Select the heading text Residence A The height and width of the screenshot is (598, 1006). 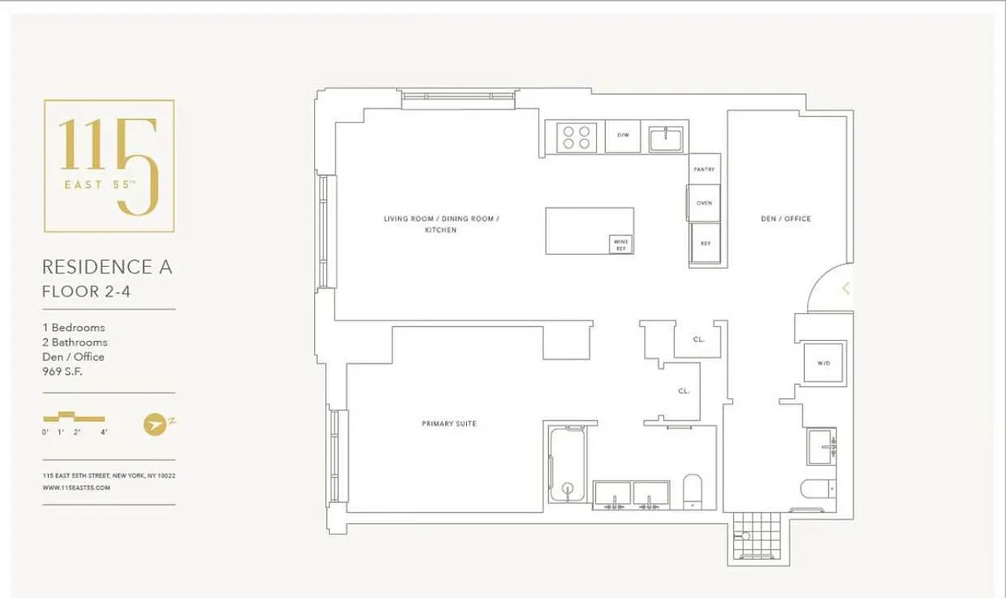tap(107, 267)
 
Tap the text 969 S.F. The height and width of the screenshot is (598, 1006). tap(62, 372)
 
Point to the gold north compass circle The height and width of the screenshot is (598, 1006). tap(153, 424)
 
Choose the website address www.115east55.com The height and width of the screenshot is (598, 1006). tap(76, 487)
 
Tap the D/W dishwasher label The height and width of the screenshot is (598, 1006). tap(622, 135)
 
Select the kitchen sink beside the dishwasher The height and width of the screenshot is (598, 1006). tap(665, 138)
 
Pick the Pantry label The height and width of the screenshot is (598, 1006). tap(704, 170)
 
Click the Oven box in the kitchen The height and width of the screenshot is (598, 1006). tap(704, 203)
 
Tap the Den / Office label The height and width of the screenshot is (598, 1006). tap(785, 219)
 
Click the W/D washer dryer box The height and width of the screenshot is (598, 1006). tap(823, 363)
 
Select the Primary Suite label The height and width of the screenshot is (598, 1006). tap(449, 424)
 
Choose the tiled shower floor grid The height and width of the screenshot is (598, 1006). tap(756, 537)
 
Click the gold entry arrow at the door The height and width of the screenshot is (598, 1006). tap(846, 288)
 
